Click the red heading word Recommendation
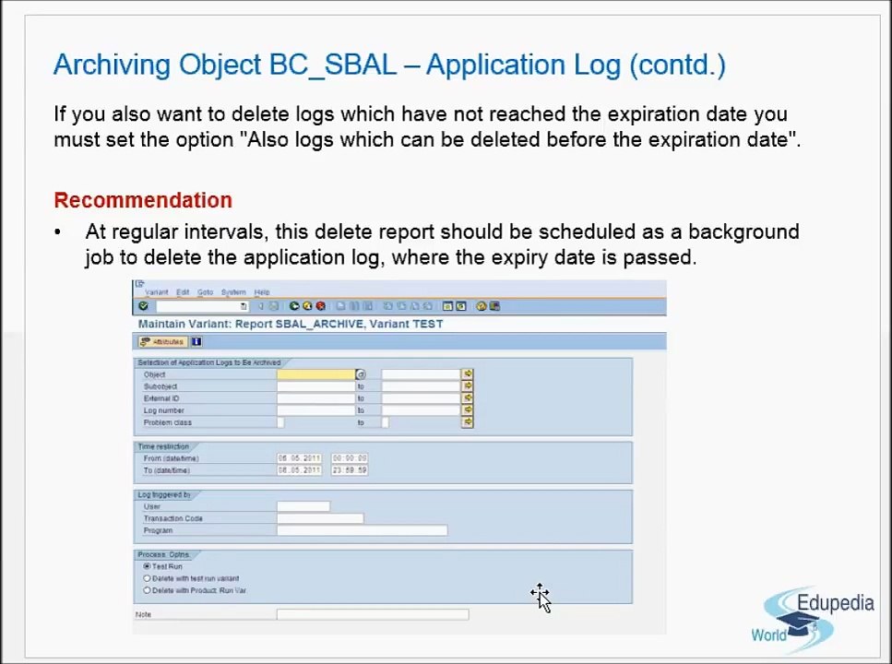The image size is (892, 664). click(x=143, y=200)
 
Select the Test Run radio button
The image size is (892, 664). click(x=147, y=566)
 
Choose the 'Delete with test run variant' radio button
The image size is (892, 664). click(x=147, y=578)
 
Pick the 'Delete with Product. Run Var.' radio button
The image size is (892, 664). click(x=147, y=590)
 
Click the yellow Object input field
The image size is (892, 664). click(x=315, y=374)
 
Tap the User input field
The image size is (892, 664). click(x=303, y=506)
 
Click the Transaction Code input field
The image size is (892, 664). click(x=319, y=518)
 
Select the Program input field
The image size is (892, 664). click(x=362, y=530)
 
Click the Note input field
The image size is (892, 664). click(x=372, y=614)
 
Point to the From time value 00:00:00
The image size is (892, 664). click(x=350, y=458)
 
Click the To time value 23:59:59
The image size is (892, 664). click(x=350, y=470)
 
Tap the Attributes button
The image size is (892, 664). click(x=162, y=342)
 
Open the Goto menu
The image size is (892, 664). click(x=205, y=292)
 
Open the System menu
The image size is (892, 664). click(x=233, y=292)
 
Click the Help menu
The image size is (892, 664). click(x=262, y=292)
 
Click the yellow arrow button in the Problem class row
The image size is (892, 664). click(x=468, y=422)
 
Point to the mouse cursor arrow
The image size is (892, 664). click(x=541, y=598)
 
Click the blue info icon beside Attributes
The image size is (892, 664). click(x=196, y=342)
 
